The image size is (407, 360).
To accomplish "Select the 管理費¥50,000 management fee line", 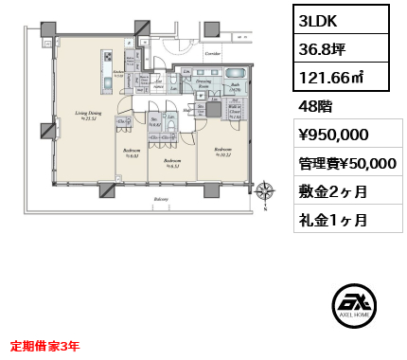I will [342, 163].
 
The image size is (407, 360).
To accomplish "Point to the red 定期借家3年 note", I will [45, 347].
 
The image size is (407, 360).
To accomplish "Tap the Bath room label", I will [234, 85].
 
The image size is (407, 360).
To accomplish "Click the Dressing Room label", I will [203, 84].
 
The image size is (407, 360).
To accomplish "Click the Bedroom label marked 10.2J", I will [222, 151].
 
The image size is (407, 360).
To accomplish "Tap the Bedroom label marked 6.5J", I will [172, 161].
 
